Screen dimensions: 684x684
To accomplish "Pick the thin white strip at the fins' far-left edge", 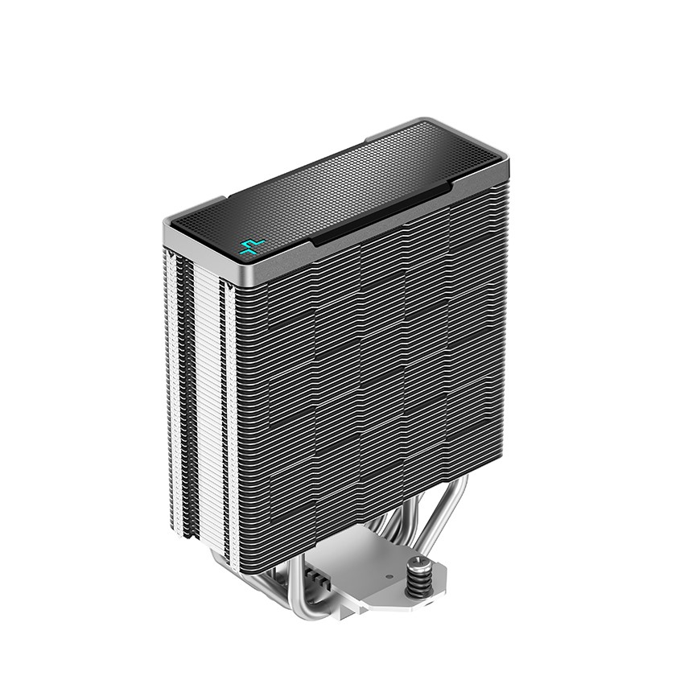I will (x=171, y=386).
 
